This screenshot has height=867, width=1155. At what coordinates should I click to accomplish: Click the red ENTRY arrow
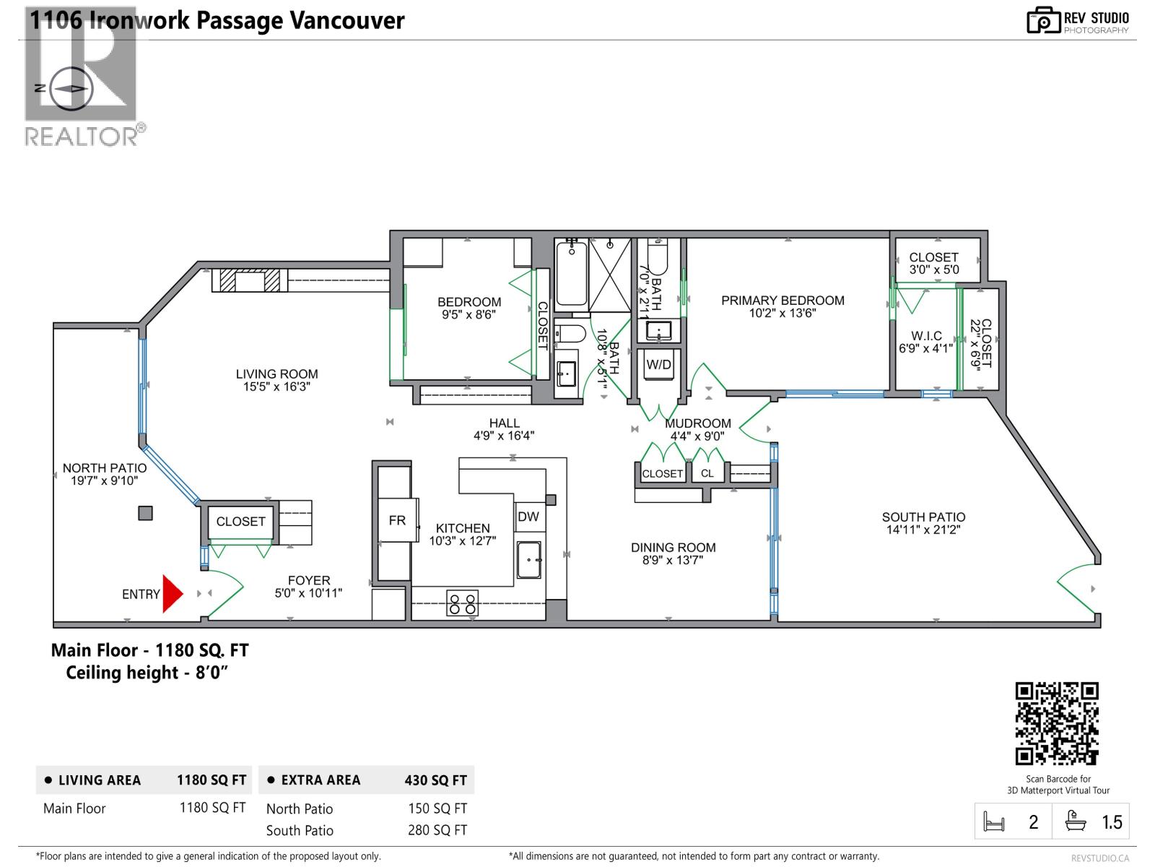(x=172, y=594)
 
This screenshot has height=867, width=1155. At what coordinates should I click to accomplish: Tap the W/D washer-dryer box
(x=658, y=365)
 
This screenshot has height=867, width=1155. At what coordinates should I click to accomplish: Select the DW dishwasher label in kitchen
(x=528, y=517)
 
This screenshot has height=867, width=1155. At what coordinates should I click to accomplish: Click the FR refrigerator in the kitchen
(x=396, y=520)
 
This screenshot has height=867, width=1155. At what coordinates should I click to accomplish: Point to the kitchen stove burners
(x=462, y=603)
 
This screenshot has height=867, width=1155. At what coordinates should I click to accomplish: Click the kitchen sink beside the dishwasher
(x=529, y=560)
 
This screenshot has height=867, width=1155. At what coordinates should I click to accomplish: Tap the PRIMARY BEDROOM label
(x=783, y=301)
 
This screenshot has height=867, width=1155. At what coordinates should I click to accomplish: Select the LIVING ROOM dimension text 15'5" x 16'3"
(x=276, y=387)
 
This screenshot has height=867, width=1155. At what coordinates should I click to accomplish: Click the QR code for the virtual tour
(x=1057, y=723)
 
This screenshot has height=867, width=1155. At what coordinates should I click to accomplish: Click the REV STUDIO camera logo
(x=1043, y=20)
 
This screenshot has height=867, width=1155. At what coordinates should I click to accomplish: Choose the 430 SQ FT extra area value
(x=435, y=780)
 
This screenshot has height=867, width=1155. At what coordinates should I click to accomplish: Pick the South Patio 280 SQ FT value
(x=437, y=830)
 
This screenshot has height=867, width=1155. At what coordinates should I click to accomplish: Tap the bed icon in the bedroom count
(x=994, y=821)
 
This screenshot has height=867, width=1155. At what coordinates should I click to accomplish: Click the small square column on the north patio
(x=146, y=513)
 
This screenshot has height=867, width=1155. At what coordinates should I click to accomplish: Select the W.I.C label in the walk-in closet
(x=926, y=336)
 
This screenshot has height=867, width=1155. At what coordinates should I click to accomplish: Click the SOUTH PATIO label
(x=923, y=517)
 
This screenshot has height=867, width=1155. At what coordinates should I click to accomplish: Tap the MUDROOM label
(x=697, y=423)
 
